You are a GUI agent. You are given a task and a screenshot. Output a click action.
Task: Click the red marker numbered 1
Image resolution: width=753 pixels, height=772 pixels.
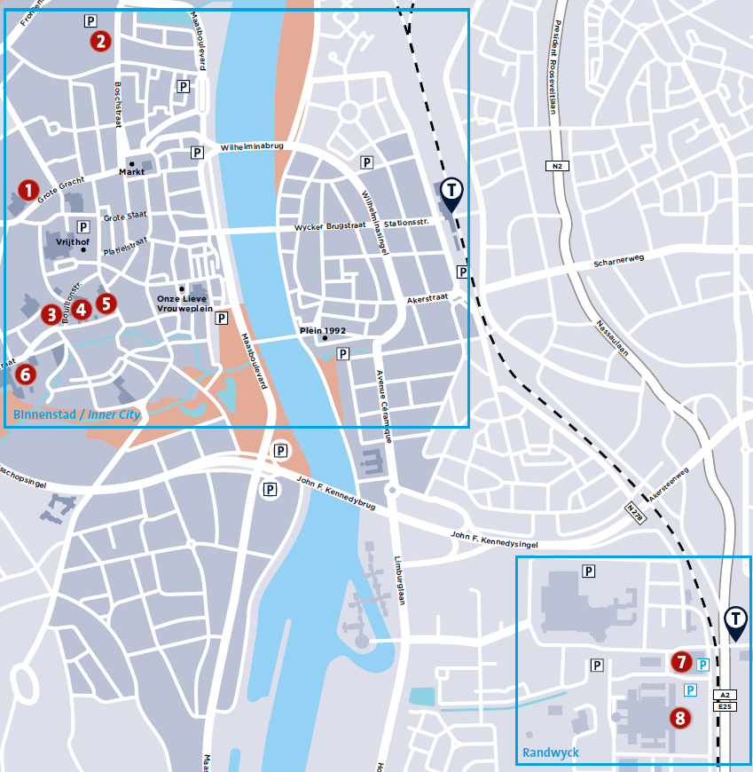tap(28, 190)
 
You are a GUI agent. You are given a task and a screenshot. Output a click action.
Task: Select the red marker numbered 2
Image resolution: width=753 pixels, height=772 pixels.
tap(100, 41)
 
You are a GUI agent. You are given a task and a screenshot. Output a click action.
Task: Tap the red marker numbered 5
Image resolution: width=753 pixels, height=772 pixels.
tap(106, 303)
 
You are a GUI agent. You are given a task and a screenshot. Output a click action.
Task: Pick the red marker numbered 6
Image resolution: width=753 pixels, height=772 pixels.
tap(25, 374)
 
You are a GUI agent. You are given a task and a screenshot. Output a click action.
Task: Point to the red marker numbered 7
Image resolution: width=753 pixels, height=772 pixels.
tap(680, 662)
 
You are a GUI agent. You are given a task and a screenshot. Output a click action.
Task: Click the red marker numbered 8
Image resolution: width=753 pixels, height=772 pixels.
tap(680, 718)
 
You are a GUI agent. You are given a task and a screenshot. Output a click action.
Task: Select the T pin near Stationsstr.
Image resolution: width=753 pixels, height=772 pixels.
tap(451, 193)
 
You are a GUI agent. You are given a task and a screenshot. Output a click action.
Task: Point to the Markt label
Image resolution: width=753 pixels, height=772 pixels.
tap(131, 173)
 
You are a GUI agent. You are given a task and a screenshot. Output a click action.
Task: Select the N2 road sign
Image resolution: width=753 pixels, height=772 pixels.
tap(555, 166)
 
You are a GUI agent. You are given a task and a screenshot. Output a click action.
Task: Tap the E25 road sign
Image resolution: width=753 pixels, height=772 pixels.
tap(725, 706)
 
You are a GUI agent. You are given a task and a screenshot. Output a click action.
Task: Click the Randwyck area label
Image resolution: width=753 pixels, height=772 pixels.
tap(550, 752)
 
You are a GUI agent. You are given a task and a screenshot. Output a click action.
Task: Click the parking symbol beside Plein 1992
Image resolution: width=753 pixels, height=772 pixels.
tap(343, 353)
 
